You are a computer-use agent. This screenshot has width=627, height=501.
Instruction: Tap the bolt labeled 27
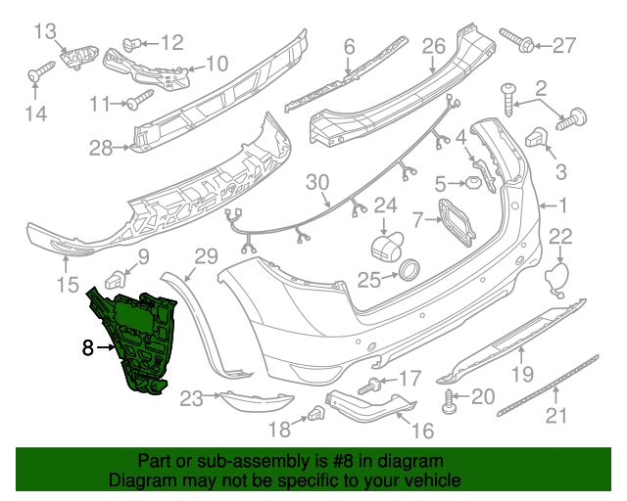515,39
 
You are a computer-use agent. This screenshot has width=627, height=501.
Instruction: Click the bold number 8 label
88,346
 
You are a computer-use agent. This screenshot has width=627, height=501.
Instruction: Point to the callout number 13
46,33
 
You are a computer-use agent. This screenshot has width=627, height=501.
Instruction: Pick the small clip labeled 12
133,42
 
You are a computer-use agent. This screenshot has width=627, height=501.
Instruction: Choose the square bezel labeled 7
451,220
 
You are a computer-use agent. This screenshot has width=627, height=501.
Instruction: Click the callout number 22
559,235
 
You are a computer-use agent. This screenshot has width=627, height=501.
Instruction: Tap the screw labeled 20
451,399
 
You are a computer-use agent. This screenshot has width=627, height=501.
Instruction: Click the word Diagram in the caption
138,480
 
